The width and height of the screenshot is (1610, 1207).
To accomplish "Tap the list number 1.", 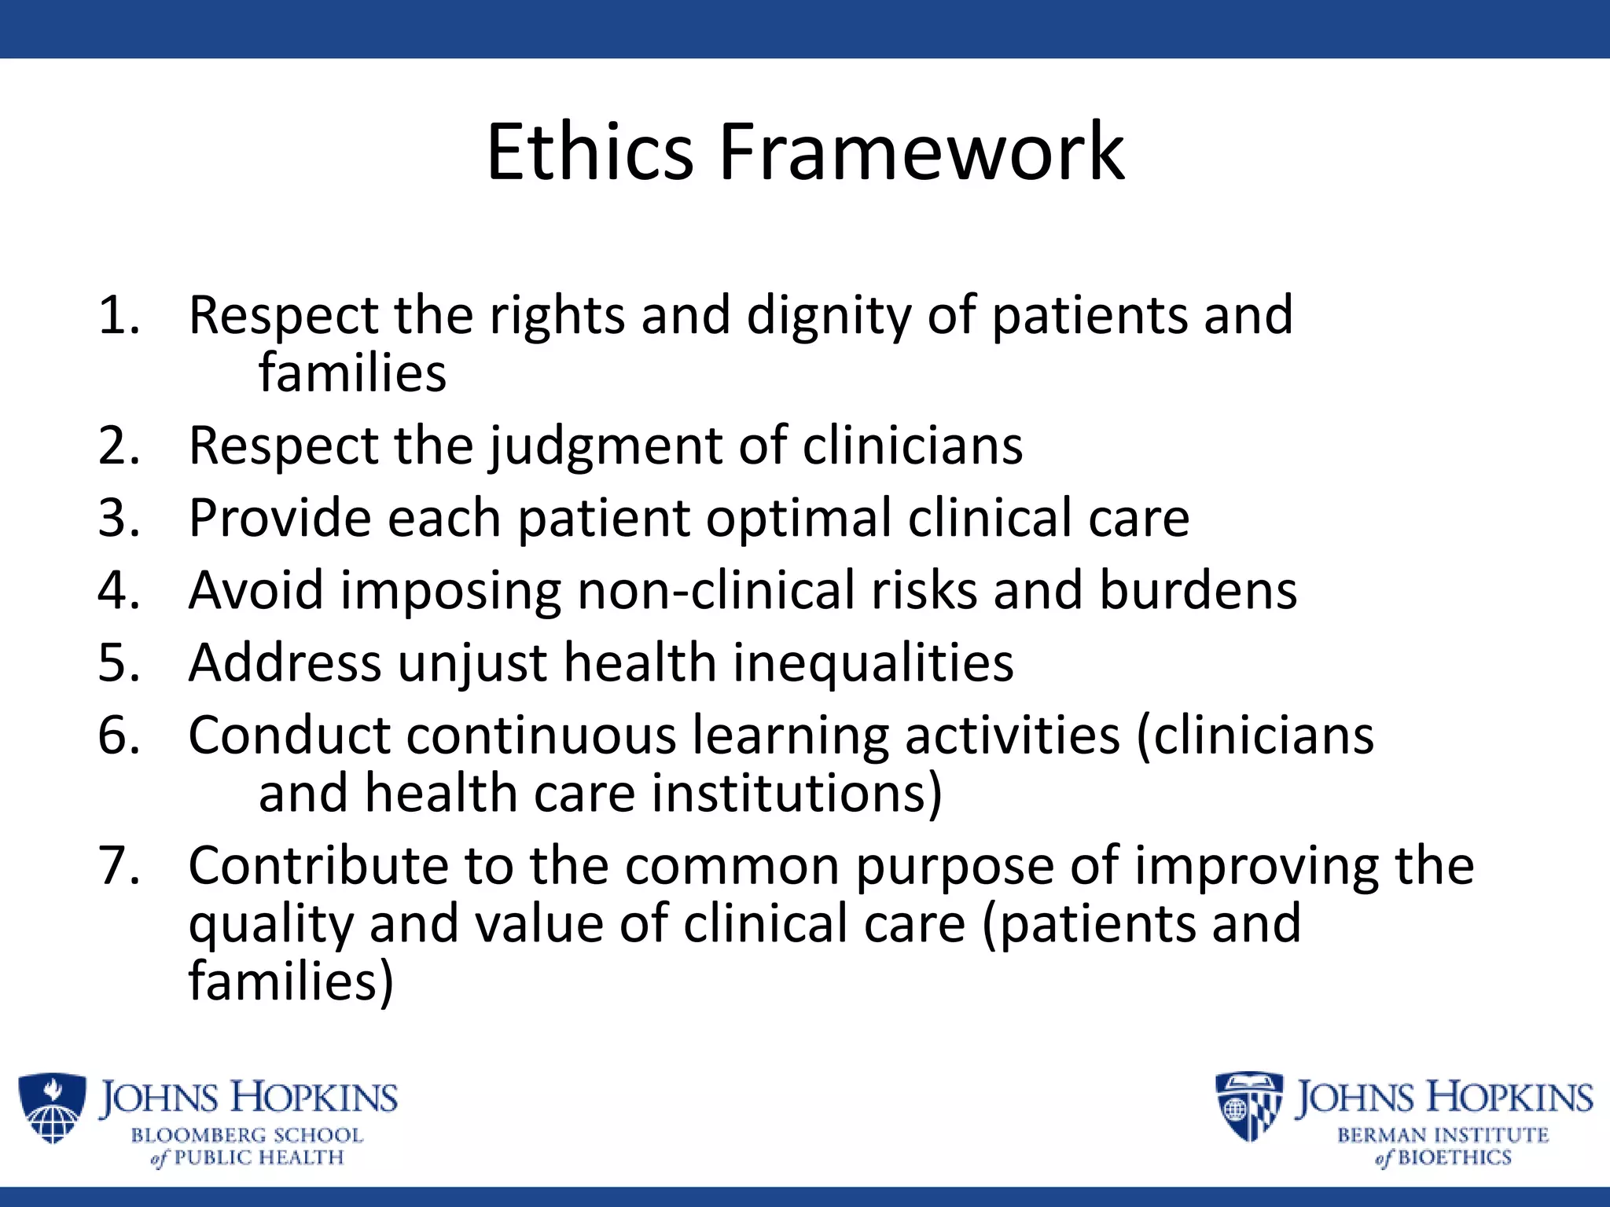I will pyautogui.click(x=118, y=316).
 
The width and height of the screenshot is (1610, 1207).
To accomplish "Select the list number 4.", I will pyautogui.click(x=118, y=590).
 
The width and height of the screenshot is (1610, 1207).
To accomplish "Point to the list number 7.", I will pyautogui.click(x=118, y=866).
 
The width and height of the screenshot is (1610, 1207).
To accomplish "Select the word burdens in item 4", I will pyautogui.click(x=1197, y=590).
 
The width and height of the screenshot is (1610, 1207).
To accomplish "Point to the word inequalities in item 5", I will pyautogui.click(x=873, y=663).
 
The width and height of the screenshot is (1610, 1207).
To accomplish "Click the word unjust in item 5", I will pyautogui.click(x=472, y=663).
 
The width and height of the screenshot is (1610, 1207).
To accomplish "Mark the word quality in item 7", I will pyautogui.click(x=270, y=924).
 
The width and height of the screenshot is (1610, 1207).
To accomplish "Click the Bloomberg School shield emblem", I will pyautogui.click(x=52, y=1108).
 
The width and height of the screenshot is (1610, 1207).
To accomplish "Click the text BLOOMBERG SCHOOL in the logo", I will pyautogui.click(x=247, y=1135).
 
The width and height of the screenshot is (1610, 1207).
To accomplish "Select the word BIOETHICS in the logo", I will pyautogui.click(x=1454, y=1157).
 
